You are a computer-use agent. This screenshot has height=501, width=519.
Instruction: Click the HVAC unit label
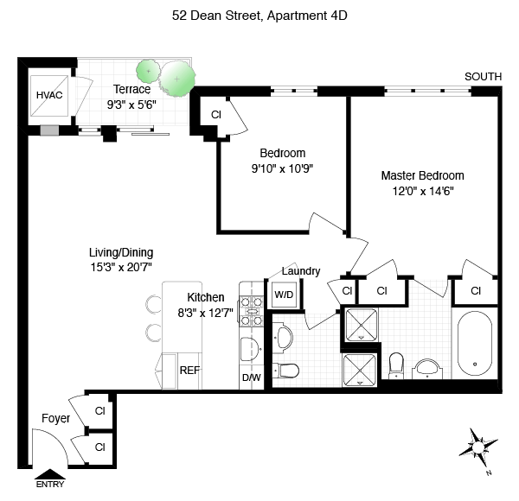(x=45, y=95)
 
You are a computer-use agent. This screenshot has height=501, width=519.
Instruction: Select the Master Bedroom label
(x=423, y=175)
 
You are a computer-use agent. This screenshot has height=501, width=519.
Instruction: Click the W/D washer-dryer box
(x=284, y=294)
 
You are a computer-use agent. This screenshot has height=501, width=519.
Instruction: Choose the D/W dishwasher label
(x=250, y=377)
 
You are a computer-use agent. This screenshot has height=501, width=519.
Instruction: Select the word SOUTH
(x=483, y=77)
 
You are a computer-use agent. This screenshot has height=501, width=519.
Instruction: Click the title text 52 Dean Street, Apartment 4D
(x=259, y=15)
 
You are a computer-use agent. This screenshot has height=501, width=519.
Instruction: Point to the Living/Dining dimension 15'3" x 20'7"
(x=121, y=267)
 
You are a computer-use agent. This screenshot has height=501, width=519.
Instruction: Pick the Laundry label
(x=301, y=271)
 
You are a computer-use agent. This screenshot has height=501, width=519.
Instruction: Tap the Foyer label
(x=56, y=419)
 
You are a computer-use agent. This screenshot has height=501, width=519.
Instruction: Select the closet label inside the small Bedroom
(x=216, y=114)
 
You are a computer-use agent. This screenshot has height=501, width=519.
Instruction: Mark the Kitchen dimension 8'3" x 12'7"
(x=200, y=313)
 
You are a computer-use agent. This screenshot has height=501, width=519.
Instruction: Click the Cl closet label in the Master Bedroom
(x=476, y=291)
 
